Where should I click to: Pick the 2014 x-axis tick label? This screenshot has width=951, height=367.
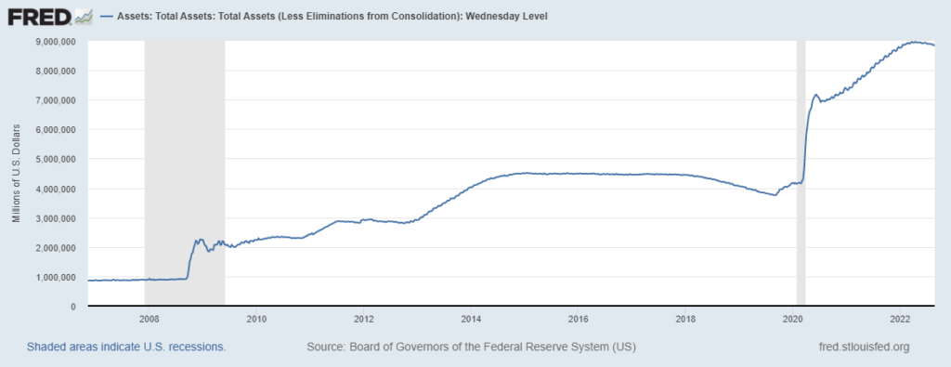point(471,319)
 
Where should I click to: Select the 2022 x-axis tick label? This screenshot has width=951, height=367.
point(900,319)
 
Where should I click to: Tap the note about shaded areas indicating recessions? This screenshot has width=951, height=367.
point(126,347)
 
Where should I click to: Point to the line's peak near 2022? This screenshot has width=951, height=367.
point(915,42)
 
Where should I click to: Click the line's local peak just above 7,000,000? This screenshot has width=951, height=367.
point(815,94)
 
